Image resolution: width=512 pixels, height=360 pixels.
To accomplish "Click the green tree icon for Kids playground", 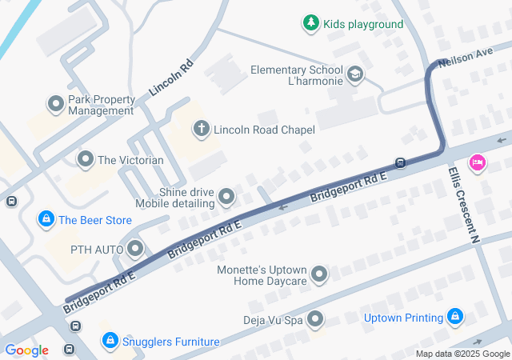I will [310, 24].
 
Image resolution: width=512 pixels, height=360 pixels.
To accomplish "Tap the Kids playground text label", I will [363, 24].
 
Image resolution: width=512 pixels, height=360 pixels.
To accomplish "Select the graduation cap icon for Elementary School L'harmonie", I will [355, 75].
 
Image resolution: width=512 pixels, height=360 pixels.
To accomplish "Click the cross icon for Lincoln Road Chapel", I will [201, 129].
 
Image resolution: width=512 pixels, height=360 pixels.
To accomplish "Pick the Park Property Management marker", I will [56, 104].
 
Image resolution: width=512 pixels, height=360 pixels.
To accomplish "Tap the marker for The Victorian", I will [86, 160].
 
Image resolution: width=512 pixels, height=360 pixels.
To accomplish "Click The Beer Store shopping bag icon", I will [46, 219].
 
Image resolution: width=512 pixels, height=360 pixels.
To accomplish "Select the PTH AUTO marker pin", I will [134, 250].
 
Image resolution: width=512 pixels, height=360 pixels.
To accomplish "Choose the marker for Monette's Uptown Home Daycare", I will [319, 275].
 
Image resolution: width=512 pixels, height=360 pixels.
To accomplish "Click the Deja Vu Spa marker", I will [314, 320].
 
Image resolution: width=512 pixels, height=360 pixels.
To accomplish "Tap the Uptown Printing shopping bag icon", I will [455, 318].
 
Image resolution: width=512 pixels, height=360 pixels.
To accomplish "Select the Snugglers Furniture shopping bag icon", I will [110, 342].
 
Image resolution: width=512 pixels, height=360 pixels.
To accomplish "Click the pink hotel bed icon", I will [478, 162].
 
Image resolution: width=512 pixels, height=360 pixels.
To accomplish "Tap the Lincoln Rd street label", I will [171, 78].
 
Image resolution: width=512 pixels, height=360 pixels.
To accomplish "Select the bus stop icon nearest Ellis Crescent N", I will [401, 162].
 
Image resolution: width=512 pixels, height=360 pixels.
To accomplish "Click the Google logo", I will [26, 350].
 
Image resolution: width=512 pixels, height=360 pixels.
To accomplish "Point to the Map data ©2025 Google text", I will [462, 354].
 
